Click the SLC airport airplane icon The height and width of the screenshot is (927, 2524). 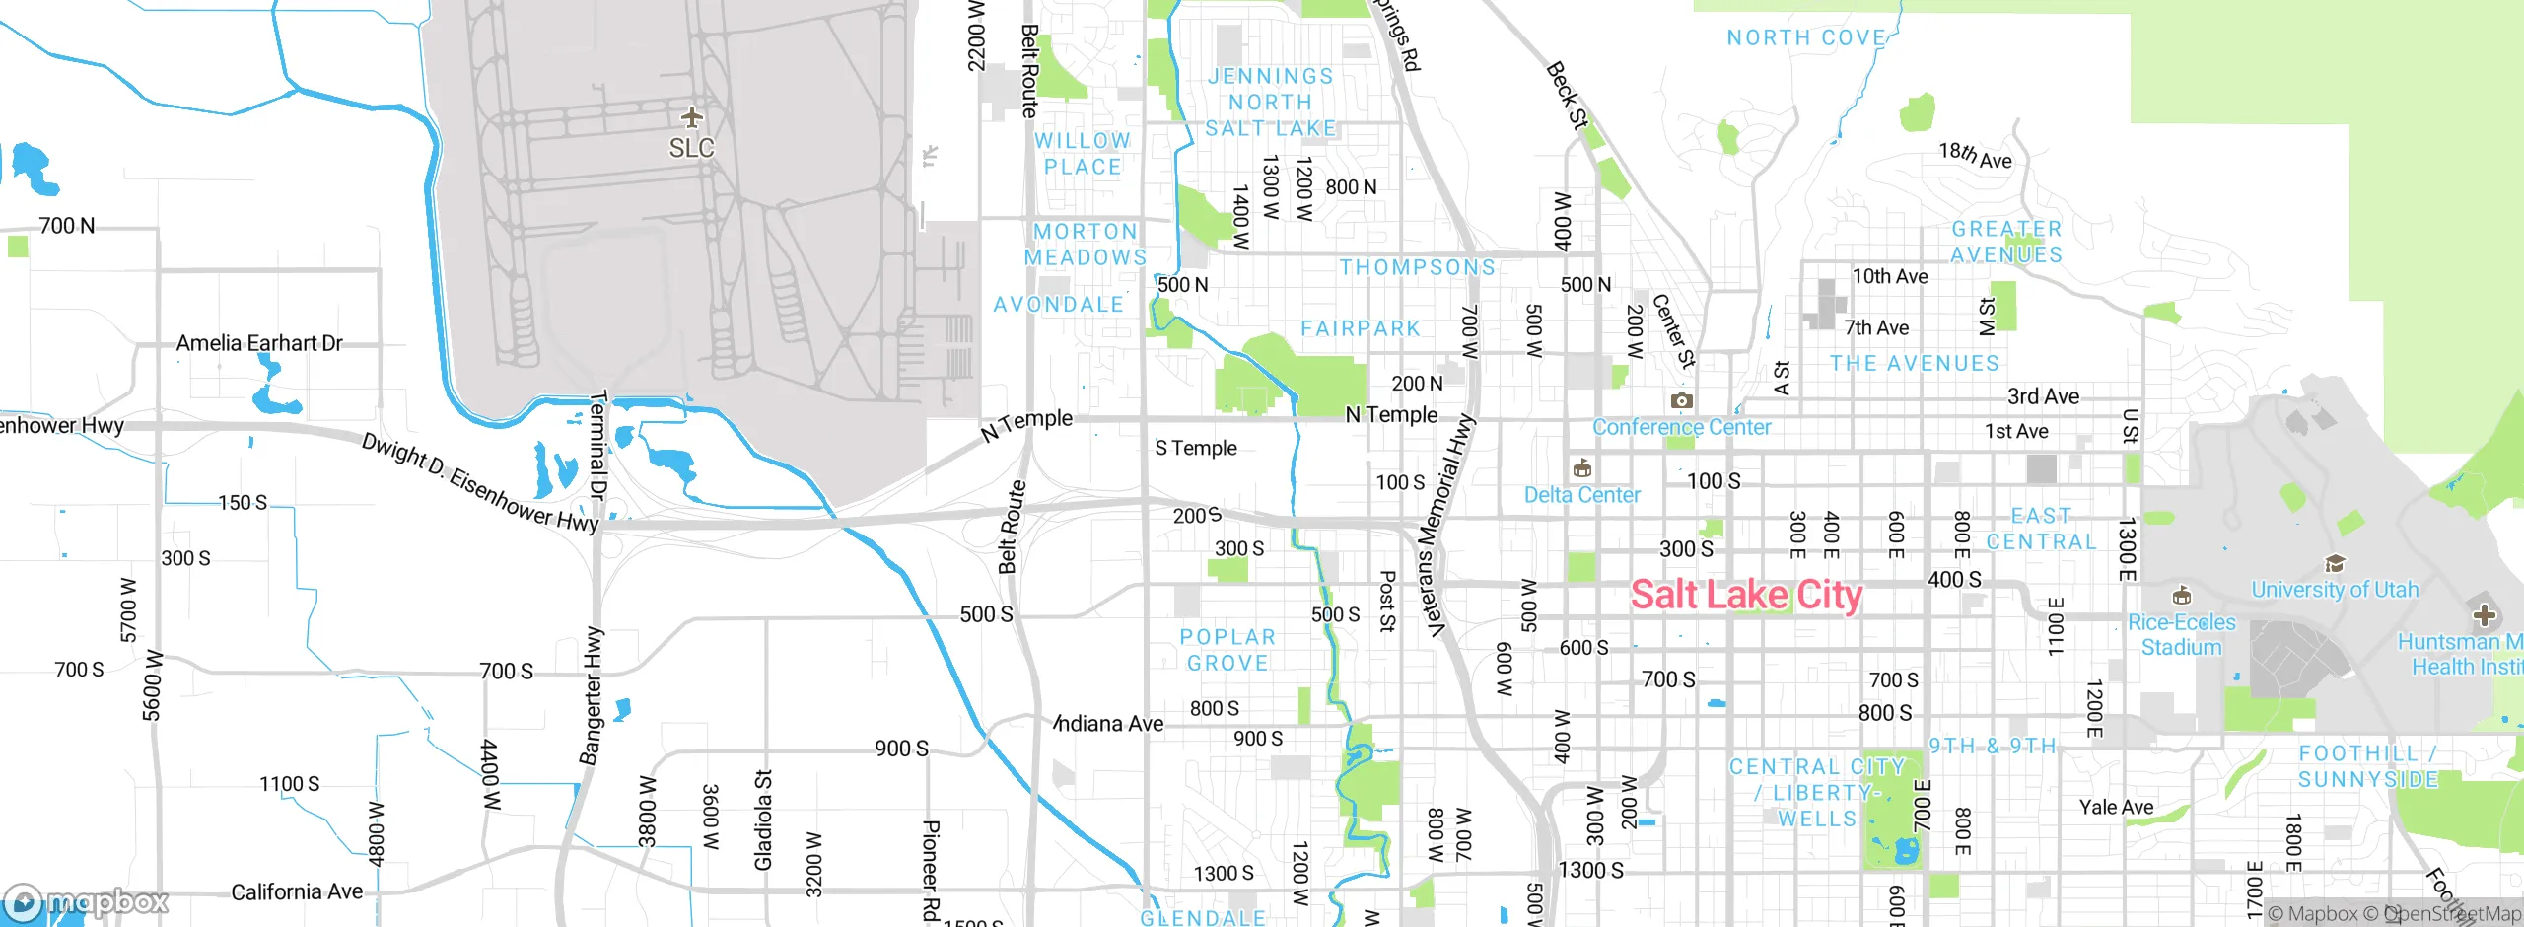point(692,118)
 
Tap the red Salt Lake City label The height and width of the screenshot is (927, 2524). point(1746,596)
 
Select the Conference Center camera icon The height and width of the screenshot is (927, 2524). point(1682,401)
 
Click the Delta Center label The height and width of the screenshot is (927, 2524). point(1581,495)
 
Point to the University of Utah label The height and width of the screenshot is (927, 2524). point(2335,590)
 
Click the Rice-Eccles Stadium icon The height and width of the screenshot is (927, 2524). point(2182,596)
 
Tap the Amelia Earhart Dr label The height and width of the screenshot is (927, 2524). point(259,343)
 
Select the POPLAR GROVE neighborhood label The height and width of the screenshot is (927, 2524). point(1227,650)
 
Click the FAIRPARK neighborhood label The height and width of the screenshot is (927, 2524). point(1361,328)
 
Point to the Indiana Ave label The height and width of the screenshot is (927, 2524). point(1109,724)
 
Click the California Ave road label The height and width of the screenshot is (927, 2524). point(297,891)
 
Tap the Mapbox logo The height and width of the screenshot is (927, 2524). point(87,901)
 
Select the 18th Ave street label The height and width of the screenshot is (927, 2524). point(1975,155)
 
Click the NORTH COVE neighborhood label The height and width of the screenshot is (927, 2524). point(1806,37)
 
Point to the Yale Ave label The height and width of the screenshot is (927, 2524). point(2116,807)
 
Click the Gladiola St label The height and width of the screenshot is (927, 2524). point(763,820)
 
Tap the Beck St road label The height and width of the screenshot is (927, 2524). point(1567,96)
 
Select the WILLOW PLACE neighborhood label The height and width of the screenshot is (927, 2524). point(1083,154)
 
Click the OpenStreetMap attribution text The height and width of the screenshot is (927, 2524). point(2451,914)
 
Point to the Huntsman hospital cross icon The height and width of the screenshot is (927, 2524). point(2484,616)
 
